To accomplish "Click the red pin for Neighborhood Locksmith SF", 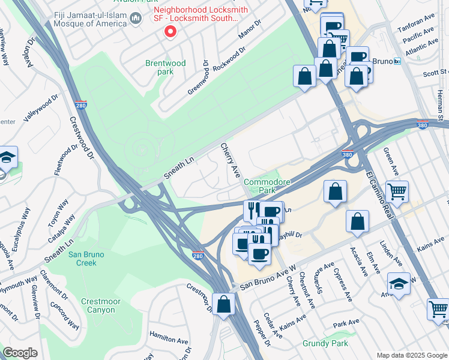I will (x=170, y=31).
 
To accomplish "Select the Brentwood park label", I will (x=165, y=67).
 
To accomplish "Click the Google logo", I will (x=20, y=353).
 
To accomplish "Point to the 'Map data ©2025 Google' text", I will (x=412, y=355).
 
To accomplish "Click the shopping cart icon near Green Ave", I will (x=397, y=192).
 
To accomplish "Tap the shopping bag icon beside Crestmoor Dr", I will (x=223, y=304).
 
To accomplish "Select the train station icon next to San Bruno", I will (x=397, y=61).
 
